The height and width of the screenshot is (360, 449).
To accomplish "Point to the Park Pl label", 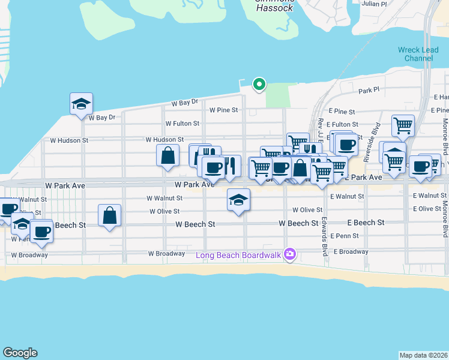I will (x=369, y=91).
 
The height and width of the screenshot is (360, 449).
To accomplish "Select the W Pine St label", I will (x=224, y=110).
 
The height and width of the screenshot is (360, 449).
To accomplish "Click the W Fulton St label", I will (x=184, y=124).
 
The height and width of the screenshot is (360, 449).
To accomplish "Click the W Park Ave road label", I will (x=194, y=185).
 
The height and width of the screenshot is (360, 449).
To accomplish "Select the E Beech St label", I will (x=365, y=223).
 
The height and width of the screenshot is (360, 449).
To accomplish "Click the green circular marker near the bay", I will (x=259, y=85).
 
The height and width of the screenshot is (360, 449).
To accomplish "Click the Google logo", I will (x=20, y=353).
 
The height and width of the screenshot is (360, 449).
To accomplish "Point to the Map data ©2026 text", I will (x=423, y=355).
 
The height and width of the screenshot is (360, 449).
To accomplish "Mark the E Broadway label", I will (x=351, y=251).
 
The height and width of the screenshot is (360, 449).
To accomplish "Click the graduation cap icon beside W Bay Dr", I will (x=80, y=104).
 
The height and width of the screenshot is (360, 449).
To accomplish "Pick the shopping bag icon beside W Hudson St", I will (x=168, y=155).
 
